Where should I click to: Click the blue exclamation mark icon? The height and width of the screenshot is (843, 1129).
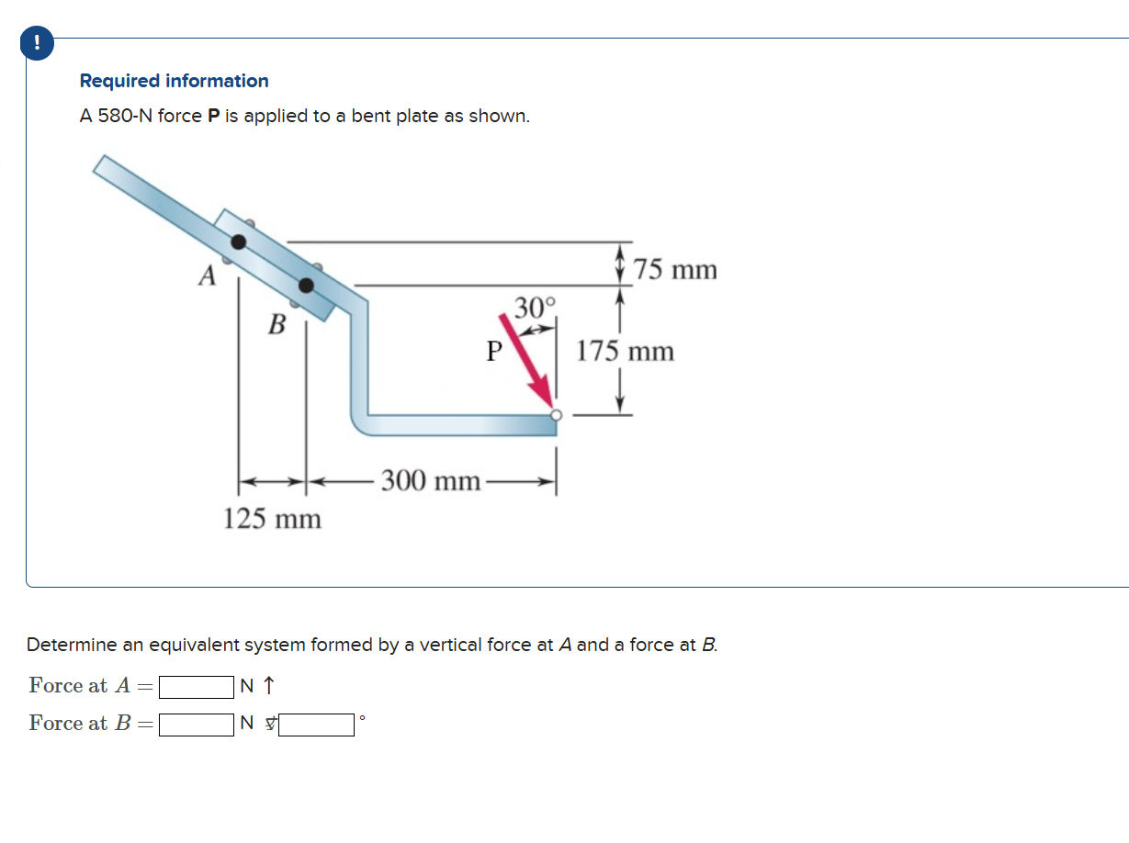(37, 43)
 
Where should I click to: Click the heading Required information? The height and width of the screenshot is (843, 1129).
(174, 81)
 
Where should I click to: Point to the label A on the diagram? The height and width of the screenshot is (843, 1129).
(209, 275)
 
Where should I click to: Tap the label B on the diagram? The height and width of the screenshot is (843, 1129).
(276, 323)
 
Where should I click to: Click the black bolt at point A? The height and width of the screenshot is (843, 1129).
(239, 242)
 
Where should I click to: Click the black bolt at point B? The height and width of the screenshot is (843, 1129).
(306, 286)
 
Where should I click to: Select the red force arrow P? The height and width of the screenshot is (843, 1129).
(525, 361)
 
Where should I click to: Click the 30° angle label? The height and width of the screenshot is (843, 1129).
(535, 307)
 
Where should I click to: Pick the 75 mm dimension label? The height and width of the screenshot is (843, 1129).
(676, 270)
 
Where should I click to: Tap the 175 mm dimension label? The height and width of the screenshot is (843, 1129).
(626, 351)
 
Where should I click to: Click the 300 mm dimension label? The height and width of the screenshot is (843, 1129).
(431, 480)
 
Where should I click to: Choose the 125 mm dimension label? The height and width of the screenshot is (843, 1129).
(273, 519)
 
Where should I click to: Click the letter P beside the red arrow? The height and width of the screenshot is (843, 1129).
(494, 351)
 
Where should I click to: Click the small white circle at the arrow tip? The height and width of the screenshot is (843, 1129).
(556, 415)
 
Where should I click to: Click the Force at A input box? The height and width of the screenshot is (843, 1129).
(196, 687)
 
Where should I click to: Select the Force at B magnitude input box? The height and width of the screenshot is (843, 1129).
(196, 725)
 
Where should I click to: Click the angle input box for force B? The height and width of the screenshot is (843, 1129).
(317, 725)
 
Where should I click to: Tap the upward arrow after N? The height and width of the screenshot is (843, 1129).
(269, 686)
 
